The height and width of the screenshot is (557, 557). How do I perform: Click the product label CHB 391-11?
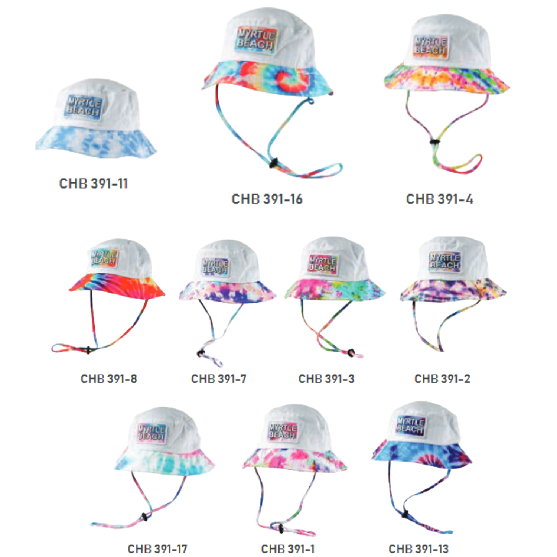coord(94,183)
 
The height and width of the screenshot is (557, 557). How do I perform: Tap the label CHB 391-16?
coord(267,199)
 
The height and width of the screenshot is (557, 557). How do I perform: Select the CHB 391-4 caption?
coord(440,199)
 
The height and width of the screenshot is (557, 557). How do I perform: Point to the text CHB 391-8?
coord(109,379)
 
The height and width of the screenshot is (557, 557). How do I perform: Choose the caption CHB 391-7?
coord(219,379)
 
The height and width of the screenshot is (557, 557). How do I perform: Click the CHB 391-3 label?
coord(326,379)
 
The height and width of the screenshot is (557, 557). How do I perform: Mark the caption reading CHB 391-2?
coord(442,379)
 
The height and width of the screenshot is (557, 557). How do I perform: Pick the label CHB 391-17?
coord(157,549)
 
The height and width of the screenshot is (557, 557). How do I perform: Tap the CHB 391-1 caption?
coord(288,549)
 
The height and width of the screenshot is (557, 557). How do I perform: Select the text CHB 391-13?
coord(418,549)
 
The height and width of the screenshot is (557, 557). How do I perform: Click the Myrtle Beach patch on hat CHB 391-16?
coord(256,39)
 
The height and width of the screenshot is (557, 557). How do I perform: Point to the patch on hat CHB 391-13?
coord(410,426)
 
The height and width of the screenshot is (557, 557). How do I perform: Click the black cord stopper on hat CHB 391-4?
coord(433,141)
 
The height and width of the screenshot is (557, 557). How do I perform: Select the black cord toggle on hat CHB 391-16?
coord(274,162)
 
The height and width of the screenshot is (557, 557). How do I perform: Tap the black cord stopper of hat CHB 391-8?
coord(88,350)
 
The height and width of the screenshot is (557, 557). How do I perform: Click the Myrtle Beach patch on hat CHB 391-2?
coord(444,261)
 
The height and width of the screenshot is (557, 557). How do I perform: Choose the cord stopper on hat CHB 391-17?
coord(144,516)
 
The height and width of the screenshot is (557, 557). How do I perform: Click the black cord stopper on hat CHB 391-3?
coord(351,352)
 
